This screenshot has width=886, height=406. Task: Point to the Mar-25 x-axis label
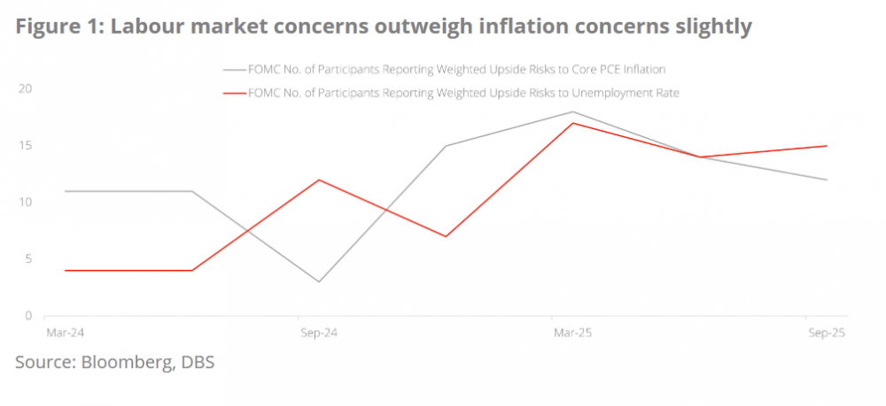point(572,333)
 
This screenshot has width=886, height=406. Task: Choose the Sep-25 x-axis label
point(826,333)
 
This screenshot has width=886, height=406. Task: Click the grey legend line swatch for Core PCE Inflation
point(234,69)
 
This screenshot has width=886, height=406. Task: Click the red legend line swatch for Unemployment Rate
point(234,93)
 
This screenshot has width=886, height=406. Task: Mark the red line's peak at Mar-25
point(573,123)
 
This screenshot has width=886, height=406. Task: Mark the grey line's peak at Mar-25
point(573,111)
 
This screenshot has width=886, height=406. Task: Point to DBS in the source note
point(196,362)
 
